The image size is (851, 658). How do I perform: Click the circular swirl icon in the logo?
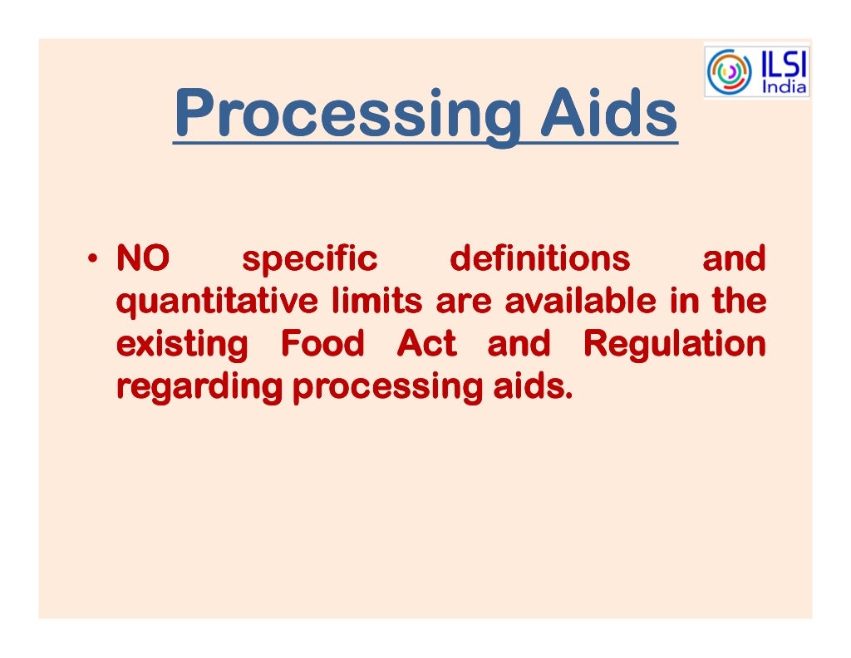728,71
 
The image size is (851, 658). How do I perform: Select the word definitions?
539,259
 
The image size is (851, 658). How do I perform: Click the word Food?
322,343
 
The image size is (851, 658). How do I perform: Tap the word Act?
426,343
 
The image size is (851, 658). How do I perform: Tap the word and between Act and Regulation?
519,343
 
